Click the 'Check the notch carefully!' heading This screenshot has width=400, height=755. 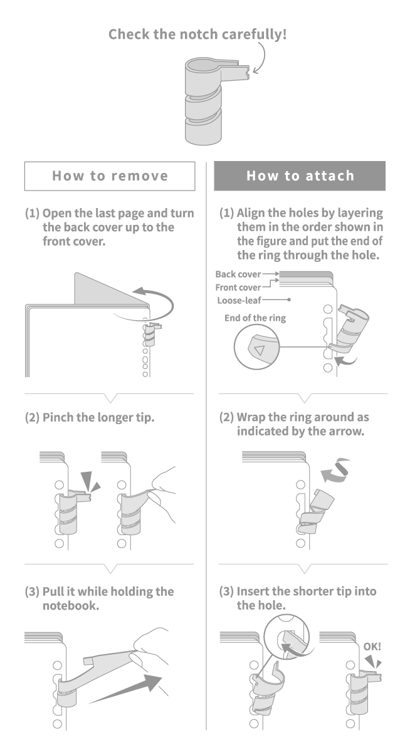tap(197, 34)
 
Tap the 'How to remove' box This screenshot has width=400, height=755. tap(110, 175)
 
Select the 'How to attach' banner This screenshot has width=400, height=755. tap(299, 175)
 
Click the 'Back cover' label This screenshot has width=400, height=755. tap(238, 274)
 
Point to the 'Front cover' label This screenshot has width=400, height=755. tap(238, 288)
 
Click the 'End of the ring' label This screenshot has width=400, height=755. tap(255, 318)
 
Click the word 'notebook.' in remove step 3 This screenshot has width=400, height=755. tap(71, 606)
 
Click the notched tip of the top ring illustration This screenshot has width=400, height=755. tap(249, 73)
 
